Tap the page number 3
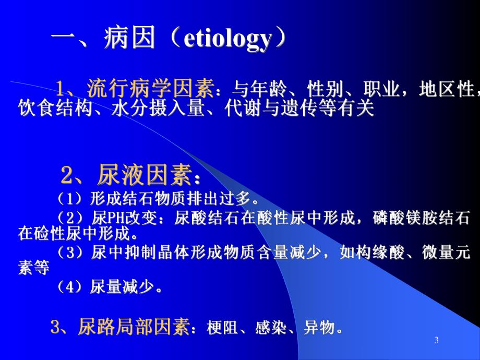(437, 341)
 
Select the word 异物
(319, 328)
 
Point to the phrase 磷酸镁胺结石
(421, 217)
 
